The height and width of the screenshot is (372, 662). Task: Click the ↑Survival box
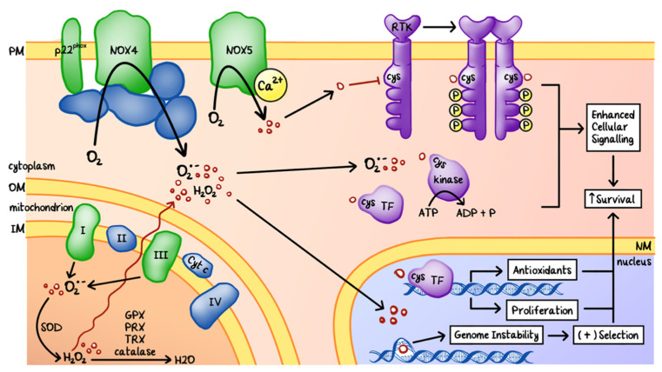(612, 199)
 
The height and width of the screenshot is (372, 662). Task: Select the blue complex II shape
(121, 235)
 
